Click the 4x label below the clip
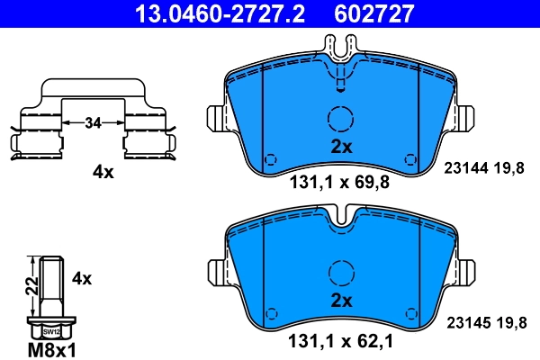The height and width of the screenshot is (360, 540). pos(103,172)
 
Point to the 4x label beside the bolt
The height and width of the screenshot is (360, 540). pos(82,279)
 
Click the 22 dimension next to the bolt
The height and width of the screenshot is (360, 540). pos(31,286)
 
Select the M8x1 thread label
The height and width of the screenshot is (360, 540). pos(53,348)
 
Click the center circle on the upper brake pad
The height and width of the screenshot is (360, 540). pos(340,120)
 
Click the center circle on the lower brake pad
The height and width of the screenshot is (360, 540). pos(340,273)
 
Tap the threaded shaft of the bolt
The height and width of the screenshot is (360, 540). pos(52,283)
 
